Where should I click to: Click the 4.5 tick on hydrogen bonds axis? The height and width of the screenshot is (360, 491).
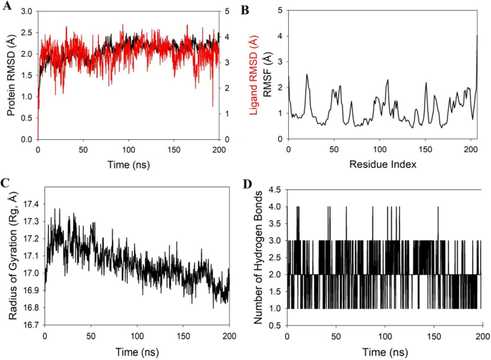[x=275, y=189]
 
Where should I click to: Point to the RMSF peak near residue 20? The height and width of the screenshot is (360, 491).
[x=307, y=75]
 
